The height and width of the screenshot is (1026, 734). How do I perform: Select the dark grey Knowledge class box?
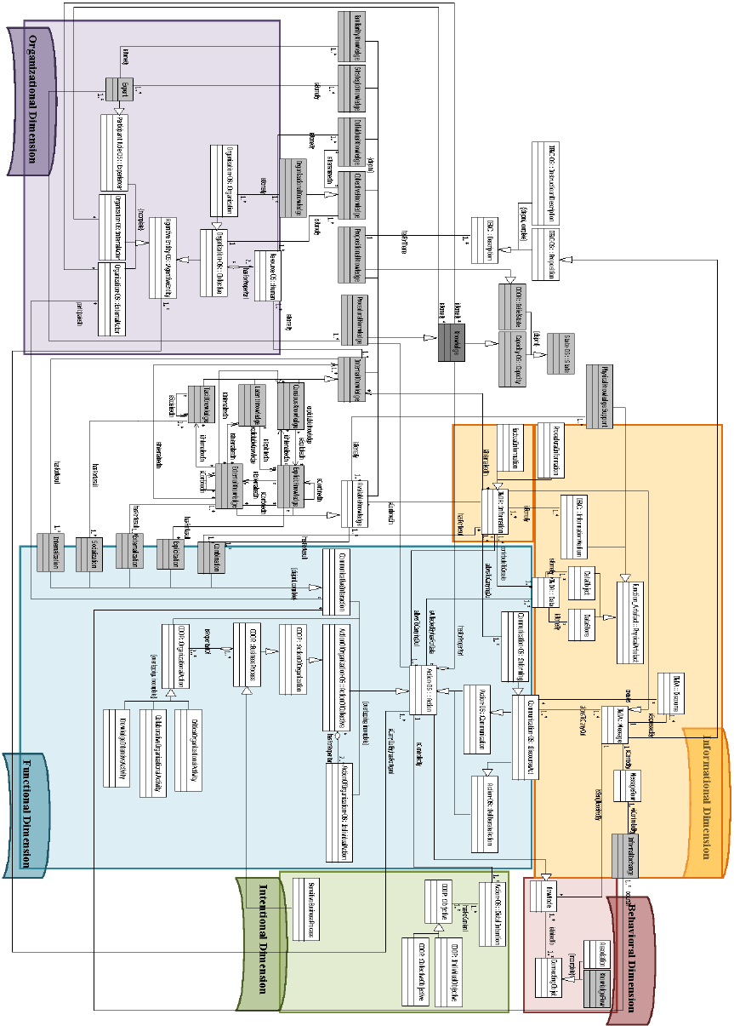pos(451,343)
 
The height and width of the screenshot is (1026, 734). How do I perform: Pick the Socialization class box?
pos(89,554)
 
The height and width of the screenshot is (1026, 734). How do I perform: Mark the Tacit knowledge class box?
pos(208,397)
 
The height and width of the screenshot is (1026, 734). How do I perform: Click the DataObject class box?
pos(578,588)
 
